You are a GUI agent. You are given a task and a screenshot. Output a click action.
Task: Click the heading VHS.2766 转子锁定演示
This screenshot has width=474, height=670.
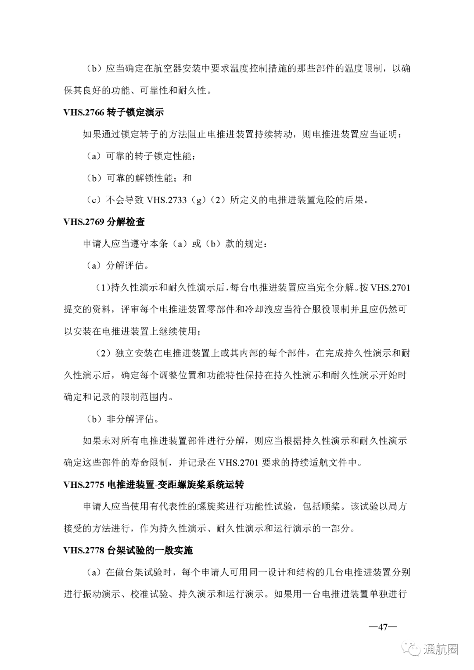click(114, 112)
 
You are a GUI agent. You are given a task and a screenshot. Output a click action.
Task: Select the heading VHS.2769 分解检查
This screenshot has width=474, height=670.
click(104, 222)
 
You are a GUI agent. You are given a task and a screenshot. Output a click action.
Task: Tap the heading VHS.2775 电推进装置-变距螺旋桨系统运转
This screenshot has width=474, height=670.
click(154, 485)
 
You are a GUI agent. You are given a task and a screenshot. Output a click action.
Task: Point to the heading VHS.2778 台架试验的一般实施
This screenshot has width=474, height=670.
click(128, 551)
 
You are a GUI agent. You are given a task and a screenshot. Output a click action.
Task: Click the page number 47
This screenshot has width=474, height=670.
click(382, 627)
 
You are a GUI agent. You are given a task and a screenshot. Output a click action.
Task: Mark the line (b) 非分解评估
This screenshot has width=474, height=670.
click(122, 419)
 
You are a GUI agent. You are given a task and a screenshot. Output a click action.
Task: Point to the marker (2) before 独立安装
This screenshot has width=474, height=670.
click(104, 353)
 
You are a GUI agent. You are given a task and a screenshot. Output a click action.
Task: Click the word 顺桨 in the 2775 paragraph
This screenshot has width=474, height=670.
click(331, 507)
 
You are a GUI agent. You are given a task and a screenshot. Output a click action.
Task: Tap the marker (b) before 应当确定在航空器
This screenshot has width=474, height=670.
click(94, 69)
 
